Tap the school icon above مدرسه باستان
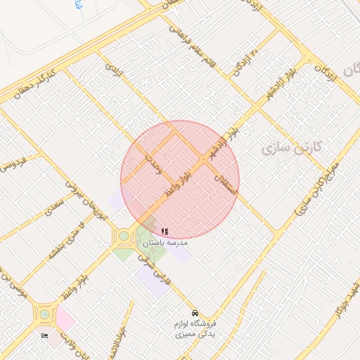point(165,231)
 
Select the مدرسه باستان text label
point(165,242)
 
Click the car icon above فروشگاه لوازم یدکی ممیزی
point(195,312)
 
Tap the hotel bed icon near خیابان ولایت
point(46,336)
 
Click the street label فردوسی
point(13,166)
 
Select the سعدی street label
point(54,208)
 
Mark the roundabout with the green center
point(124,236)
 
